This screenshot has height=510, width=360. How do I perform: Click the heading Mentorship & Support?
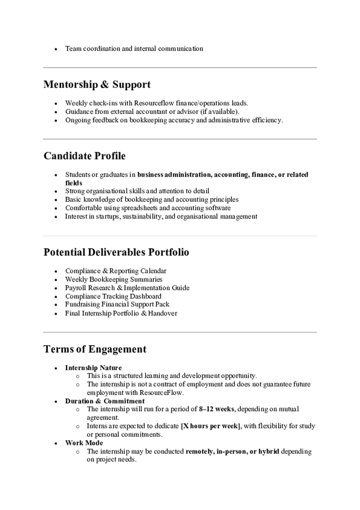97,84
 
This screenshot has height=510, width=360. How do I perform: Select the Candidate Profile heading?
84,156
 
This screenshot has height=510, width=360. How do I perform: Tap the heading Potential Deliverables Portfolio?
116,252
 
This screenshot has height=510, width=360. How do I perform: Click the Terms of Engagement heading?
94,349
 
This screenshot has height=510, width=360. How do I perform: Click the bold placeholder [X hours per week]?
210,426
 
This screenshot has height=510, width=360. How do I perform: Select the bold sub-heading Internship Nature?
93,368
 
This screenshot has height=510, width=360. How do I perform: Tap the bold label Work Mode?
84,443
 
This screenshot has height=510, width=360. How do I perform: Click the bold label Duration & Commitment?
105,401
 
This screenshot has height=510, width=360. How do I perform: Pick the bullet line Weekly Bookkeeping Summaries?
114,279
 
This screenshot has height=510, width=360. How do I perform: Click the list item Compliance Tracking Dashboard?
113,296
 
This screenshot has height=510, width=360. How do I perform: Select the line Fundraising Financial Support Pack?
117,304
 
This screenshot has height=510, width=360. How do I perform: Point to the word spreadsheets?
139,208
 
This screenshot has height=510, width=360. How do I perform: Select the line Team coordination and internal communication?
134,49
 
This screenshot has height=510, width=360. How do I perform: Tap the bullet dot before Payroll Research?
56,288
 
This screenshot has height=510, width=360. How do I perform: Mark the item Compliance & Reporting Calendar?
115,271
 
